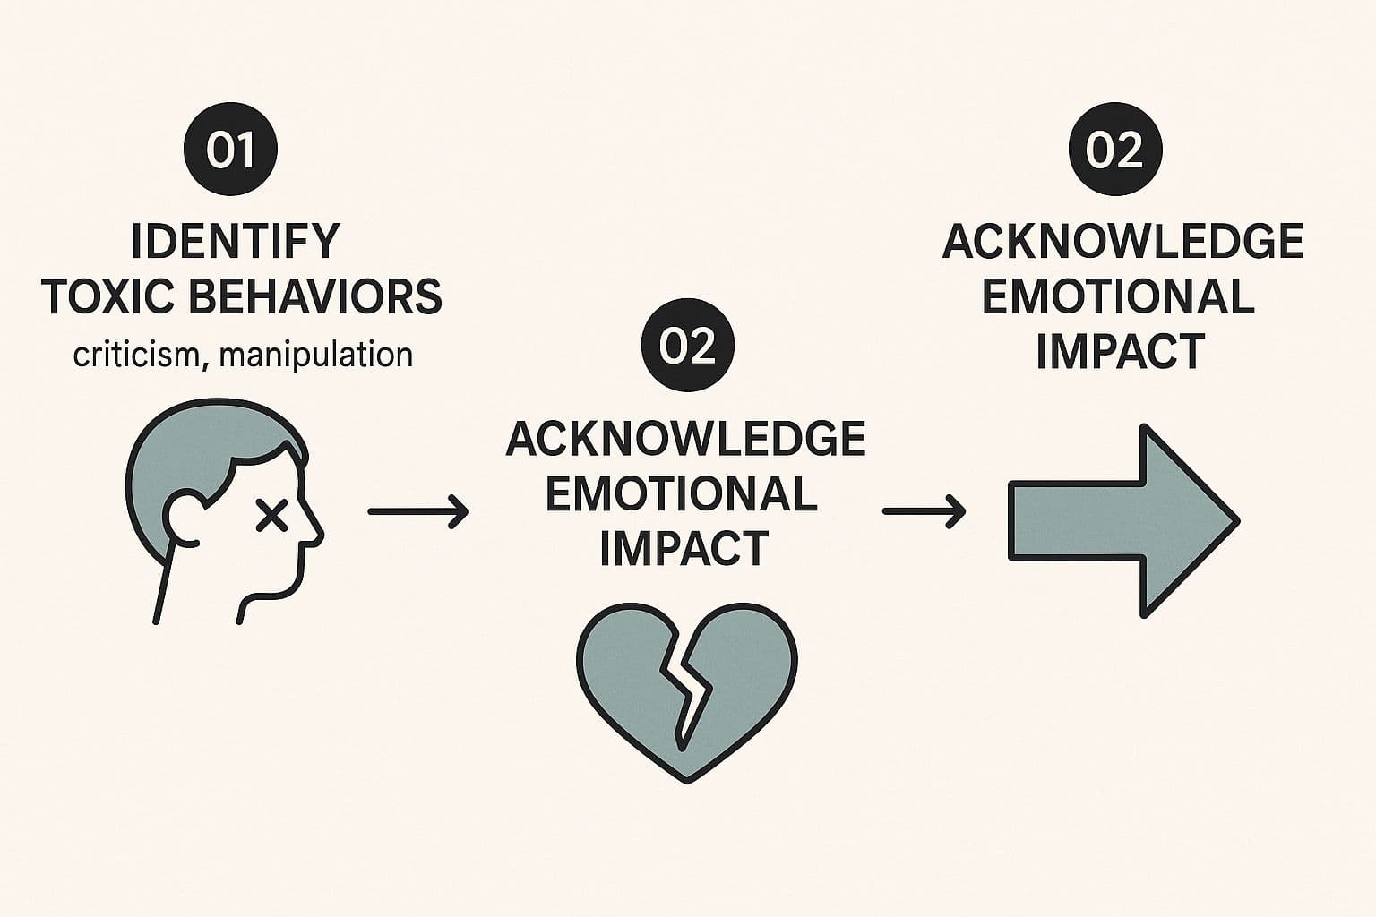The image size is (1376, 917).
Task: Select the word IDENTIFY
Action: (236, 241)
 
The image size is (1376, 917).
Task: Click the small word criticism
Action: (135, 356)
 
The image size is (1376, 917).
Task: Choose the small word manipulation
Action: (315, 356)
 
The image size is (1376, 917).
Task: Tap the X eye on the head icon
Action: (271, 515)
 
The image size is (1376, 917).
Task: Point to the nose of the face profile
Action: (314, 528)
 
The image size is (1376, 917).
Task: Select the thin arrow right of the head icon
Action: (418, 511)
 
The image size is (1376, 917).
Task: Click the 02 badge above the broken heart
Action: (687, 347)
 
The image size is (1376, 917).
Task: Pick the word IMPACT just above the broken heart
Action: (684, 548)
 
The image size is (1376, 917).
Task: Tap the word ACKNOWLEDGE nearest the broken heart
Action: (686, 439)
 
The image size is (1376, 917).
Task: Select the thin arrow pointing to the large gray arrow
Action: (924, 511)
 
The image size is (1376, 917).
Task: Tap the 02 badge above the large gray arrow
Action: (1115, 150)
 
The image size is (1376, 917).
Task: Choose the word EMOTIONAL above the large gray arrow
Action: (1119, 297)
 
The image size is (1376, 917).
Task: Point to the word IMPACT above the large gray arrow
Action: (1120, 351)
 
